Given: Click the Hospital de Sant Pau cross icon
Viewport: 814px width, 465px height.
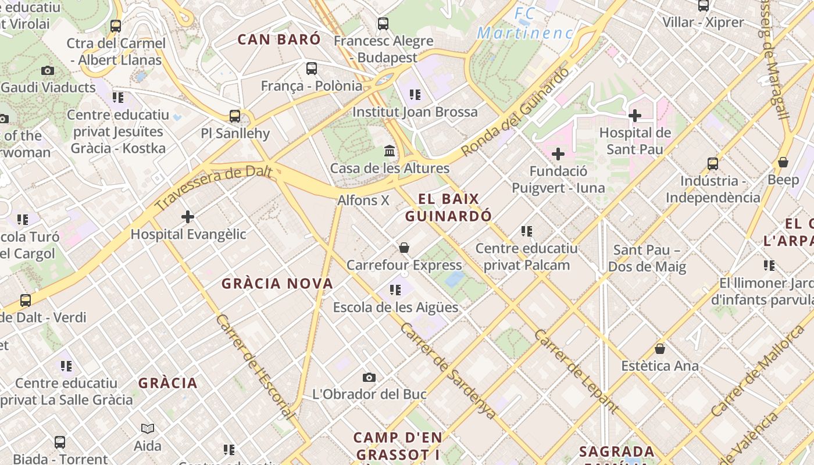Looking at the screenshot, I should tap(634, 116).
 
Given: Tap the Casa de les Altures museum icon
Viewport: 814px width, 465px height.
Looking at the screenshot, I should tap(390, 151).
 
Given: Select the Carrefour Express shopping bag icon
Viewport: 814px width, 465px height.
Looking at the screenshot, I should tap(404, 248).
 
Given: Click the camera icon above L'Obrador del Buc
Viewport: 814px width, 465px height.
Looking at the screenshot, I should tap(369, 378).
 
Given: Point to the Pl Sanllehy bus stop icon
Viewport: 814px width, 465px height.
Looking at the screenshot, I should tap(235, 116).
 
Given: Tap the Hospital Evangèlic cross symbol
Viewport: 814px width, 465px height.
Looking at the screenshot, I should tap(187, 217).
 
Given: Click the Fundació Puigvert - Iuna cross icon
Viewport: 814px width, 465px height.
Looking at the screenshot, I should tap(558, 154).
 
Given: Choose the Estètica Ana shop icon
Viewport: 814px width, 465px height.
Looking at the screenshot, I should tap(660, 349).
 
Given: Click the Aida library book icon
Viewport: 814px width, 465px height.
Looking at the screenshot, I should tap(148, 429).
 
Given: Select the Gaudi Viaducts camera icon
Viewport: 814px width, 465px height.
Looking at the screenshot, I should tap(48, 71).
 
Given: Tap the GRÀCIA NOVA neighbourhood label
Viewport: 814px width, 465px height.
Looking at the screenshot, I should tap(277, 284).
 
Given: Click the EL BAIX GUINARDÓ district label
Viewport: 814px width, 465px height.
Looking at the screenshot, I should tap(448, 208).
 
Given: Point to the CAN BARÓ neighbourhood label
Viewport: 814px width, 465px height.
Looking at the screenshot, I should tap(279, 40).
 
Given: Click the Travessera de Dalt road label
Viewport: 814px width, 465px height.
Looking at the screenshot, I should tap(213, 188).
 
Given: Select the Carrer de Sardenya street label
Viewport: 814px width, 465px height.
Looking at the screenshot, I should tap(448, 370).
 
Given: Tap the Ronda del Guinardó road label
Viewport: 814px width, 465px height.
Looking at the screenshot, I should tap(515, 112).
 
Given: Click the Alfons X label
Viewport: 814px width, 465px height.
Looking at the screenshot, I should tap(363, 201).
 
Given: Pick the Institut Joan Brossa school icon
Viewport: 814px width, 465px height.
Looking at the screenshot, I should tap(415, 94).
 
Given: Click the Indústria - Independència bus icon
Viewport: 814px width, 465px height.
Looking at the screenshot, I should tap(713, 164).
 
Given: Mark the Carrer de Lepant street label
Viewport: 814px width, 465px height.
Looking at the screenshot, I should tap(576, 371).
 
